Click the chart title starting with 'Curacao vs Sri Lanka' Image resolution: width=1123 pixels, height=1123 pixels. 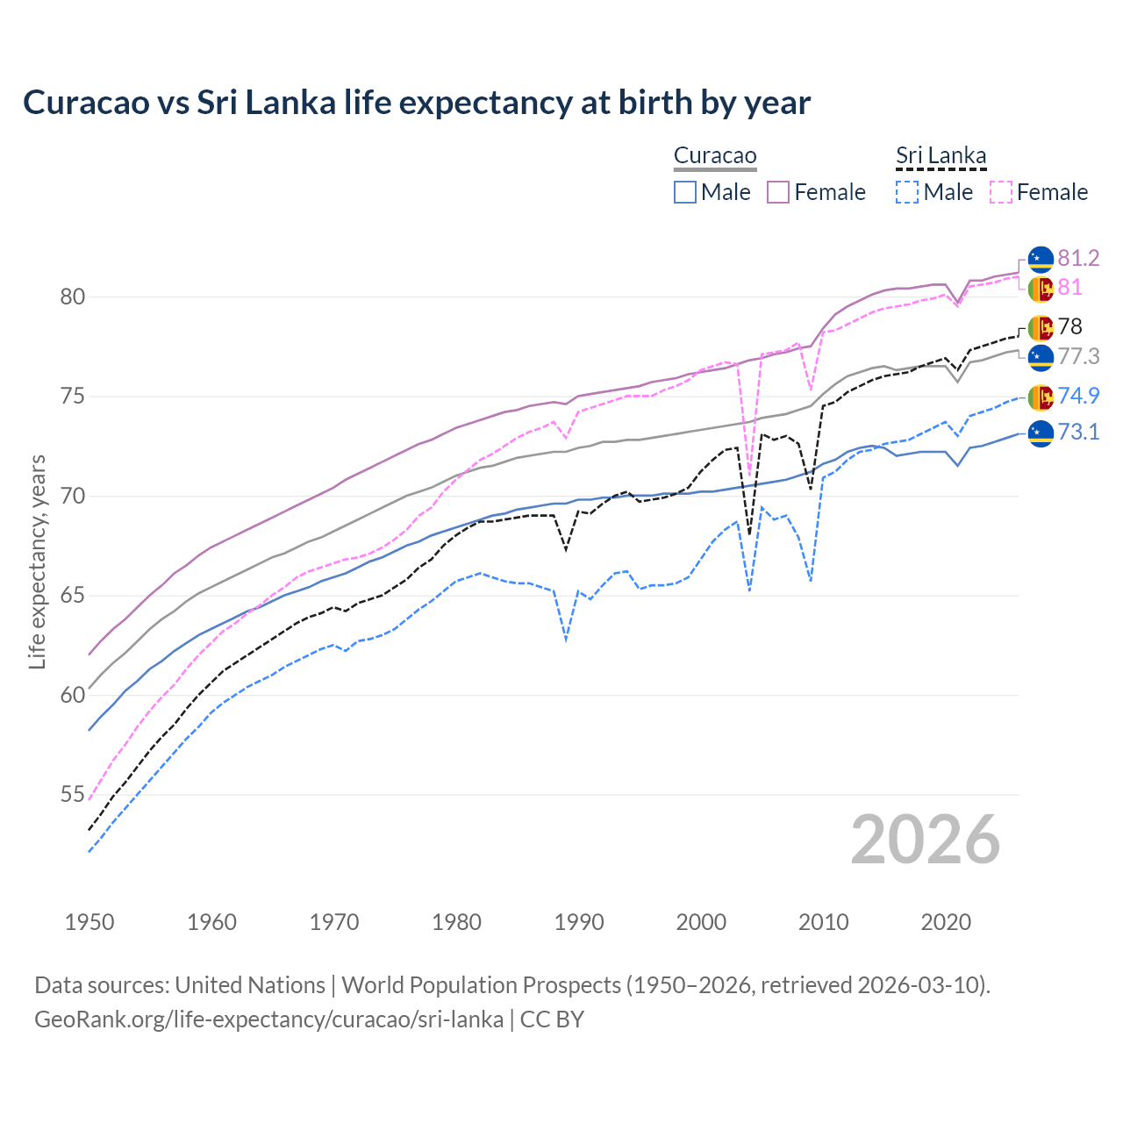click(x=417, y=103)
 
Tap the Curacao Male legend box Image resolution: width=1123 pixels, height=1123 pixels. click(x=685, y=192)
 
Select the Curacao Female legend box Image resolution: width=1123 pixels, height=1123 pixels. click(x=778, y=192)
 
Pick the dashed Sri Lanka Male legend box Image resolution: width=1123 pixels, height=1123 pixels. click(x=907, y=192)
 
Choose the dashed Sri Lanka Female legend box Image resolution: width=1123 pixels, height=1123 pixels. click(x=1000, y=192)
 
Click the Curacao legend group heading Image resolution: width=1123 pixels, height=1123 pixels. click(x=715, y=156)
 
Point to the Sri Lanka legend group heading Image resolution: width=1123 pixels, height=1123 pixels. click(x=941, y=156)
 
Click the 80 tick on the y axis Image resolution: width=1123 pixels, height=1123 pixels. click(x=72, y=297)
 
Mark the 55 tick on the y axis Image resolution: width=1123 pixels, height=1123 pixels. click(x=72, y=795)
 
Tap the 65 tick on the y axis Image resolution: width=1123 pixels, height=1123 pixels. click(x=72, y=596)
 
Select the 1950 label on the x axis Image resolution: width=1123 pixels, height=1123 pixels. click(x=89, y=922)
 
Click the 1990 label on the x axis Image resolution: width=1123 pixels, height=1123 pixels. click(x=579, y=922)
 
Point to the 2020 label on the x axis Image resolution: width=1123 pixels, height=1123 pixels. click(x=946, y=922)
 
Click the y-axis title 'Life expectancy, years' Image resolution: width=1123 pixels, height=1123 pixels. click(x=37, y=561)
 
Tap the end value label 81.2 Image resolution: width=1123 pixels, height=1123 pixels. click(x=1078, y=258)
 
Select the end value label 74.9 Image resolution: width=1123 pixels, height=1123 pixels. click(x=1078, y=396)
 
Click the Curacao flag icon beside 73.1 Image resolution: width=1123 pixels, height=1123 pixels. click(x=1041, y=433)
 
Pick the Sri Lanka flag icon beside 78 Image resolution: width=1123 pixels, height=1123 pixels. click(x=1041, y=327)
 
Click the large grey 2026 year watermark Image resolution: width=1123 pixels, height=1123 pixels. click(x=925, y=840)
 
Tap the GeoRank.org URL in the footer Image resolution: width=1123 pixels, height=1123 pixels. click(x=268, y=1019)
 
